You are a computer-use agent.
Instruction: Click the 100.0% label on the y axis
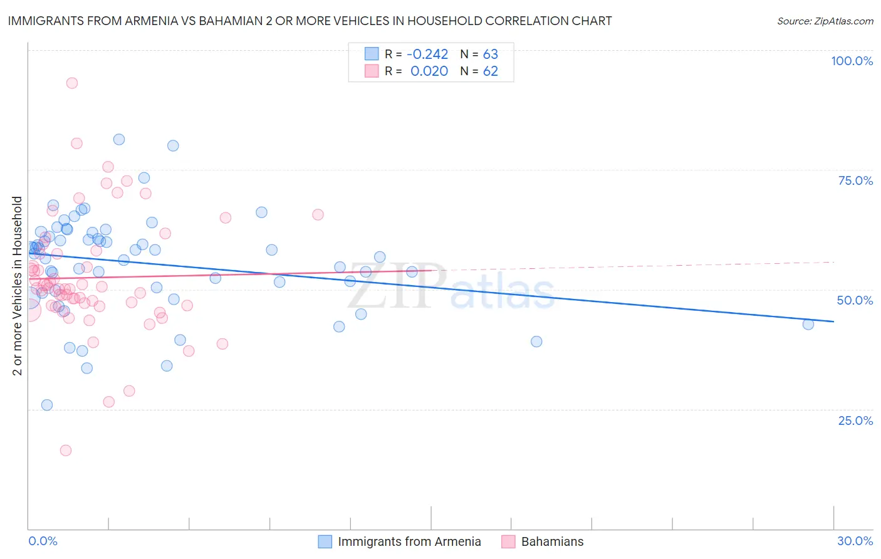(x=852, y=61)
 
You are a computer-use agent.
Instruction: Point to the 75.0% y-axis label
(x=855, y=180)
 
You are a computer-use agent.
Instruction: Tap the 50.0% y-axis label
(x=855, y=300)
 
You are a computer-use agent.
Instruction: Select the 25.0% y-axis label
(x=855, y=420)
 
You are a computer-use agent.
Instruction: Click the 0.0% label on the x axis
(x=43, y=541)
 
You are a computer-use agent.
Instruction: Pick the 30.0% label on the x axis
(x=855, y=541)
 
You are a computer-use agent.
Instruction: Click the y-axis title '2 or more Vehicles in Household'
(x=18, y=286)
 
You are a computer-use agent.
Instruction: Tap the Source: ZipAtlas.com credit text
(x=825, y=21)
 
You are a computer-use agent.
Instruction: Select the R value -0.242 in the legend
(x=427, y=54)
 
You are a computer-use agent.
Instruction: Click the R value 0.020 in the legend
(x=429, y=71)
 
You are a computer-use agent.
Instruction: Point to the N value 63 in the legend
(x=490, y=54)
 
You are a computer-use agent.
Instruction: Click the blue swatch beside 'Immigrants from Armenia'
(x=325, y=541)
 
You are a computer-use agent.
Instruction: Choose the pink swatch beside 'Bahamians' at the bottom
(x=508, y=541)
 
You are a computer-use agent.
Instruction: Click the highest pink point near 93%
(x=72, y=83)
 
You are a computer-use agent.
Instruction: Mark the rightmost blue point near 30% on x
(x=808, y=324)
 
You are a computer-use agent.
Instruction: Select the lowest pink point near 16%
(x=66, y=450)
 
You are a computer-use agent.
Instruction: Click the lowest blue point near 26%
(x=47, y=405)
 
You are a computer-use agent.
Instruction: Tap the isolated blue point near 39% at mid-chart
(x=536, y=342)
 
